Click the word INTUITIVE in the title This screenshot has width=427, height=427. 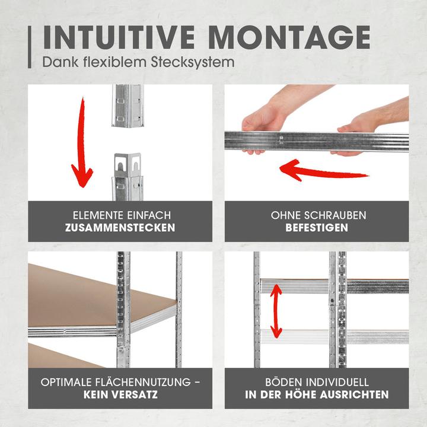119,37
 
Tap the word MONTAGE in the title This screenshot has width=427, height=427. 290,37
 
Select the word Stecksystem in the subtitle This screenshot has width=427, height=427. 193,62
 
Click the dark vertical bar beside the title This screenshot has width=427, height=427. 30,47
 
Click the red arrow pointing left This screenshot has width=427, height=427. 324,170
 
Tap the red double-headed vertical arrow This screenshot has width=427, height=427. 276,311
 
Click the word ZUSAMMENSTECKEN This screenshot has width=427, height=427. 120,228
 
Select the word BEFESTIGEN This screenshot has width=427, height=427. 317,228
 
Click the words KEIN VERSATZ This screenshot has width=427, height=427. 120,394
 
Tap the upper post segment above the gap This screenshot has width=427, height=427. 128,106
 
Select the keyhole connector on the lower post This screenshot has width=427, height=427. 128,165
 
